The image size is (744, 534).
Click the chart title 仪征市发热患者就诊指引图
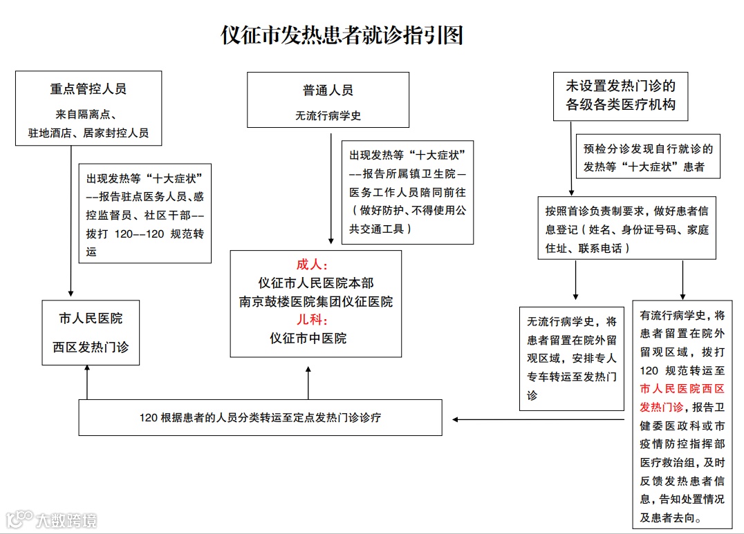pyautogui.click(x=342, y=35)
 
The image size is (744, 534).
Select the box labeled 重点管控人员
pyautogui.click(x=89, y=108)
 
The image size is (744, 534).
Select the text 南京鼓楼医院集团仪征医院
pyautogui.click(x=316, y=302)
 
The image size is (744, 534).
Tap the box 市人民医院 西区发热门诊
pyautogui.click(x=91, y=332)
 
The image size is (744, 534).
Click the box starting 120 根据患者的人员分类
pyautogui.click(x=260, y=417)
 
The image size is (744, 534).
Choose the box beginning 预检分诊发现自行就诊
pyautogui.click(x=648, y=157)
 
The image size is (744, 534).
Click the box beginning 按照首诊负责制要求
pyautogui.click(x=626, y=228)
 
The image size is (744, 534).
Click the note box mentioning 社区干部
pyautogui.click(x=145, y=213)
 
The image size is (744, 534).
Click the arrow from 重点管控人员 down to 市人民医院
pyautogui.click(x=71, y=221)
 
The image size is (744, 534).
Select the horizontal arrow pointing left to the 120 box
pyautogui.click(x=539, y=419)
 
